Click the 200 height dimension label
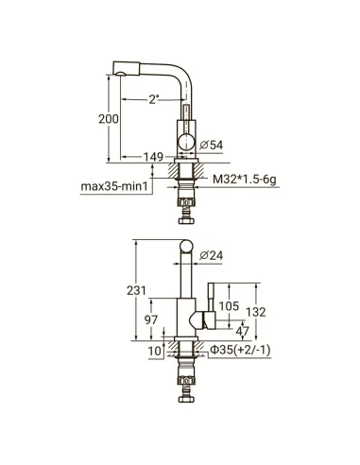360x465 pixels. [x=109, y=119]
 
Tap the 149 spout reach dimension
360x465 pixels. [x=153, y=157]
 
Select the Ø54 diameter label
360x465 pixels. [x=212, y=145]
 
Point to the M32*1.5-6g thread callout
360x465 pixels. [x=245, y=180]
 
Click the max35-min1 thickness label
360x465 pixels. [x=114, y=186]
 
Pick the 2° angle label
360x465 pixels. [x=153, y=100]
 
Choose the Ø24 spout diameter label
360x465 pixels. [x=211, y=255]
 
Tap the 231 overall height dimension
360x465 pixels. [x=137, y=290]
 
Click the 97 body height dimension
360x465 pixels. [x=151, y=319]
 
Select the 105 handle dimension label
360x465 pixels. [x=229, y=306]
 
